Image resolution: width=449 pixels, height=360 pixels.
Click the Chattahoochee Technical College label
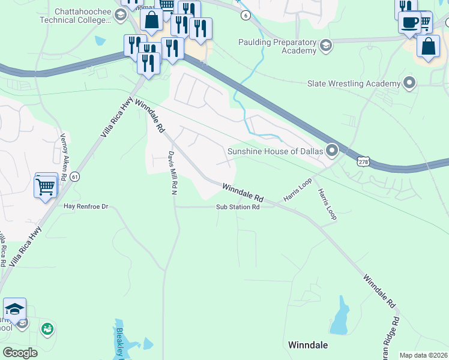(83, 16)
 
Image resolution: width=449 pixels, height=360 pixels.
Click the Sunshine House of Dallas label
(276, 152)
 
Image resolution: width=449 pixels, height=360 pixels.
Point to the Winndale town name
(308, 345)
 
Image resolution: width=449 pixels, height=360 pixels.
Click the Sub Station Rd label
(238, 208)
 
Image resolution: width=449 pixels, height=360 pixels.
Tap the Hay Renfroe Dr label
(85, 207)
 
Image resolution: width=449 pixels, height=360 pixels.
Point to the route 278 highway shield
(363, 161)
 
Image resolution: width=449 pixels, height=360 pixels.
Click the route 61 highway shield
(74, 176)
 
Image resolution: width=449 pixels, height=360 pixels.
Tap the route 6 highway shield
(246, 16)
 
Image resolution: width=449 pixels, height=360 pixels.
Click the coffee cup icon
(409, 23)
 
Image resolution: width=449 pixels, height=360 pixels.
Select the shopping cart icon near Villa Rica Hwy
(46, 187)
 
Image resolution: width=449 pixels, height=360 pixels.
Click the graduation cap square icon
(14, 309)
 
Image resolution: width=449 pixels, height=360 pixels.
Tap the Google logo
(20, 353)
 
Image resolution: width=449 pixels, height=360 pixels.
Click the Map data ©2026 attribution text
(424, 355)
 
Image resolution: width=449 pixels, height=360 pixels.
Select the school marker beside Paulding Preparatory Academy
(326, 45)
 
